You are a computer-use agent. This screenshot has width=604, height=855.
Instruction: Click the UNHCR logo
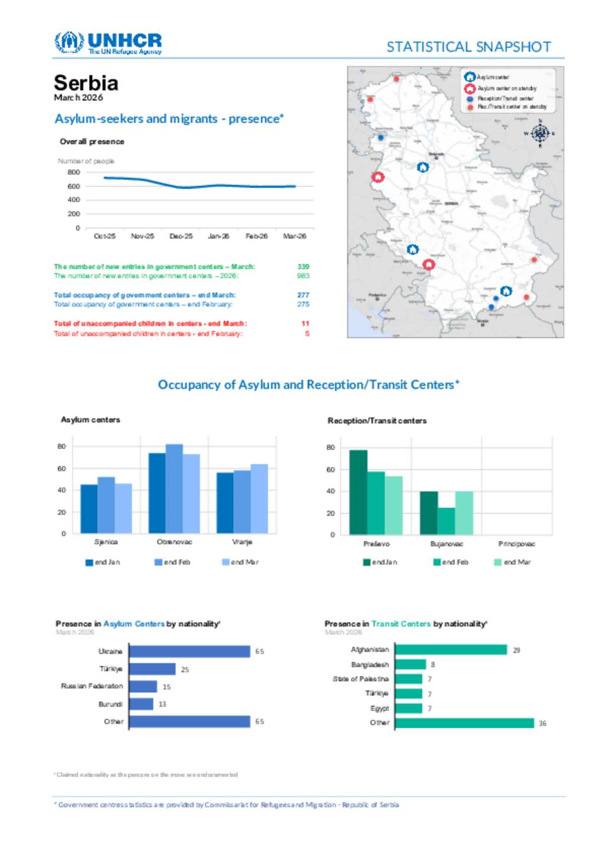coord(108,43)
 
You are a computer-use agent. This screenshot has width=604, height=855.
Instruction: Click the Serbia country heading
coord(86,83)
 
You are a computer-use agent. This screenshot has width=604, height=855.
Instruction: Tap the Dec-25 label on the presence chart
coord(181,236)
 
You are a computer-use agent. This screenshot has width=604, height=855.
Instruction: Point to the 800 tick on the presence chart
coord(74,172)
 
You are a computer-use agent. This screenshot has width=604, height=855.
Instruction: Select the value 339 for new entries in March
coord(303,267)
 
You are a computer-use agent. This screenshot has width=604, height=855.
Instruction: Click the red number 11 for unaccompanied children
coord(305,323)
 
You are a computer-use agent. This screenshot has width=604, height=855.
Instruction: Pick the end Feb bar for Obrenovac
coord(174,489)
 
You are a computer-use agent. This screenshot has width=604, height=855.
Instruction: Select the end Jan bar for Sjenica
coord(89,509)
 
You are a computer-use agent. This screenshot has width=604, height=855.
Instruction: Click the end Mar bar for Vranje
coord(259,499)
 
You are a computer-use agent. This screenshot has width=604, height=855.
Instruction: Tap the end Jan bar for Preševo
coord(358,493)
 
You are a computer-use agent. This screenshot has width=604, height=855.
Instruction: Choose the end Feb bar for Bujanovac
coord(447,521)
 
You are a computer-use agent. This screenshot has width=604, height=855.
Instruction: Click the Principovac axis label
coord(517,544)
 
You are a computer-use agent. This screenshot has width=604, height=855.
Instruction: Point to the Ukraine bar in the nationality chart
coord(189,651)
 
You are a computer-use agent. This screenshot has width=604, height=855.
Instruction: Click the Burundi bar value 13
coord(162,704)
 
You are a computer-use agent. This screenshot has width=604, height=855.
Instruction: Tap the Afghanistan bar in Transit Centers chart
coord(451,650)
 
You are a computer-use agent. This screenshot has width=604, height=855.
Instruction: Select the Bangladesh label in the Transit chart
coord(370,665)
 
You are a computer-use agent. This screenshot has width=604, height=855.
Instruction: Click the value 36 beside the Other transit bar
coord(543,723)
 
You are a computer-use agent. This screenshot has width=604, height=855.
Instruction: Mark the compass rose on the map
coord(540,133)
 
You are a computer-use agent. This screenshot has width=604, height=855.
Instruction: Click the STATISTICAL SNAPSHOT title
coord(469,47)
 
